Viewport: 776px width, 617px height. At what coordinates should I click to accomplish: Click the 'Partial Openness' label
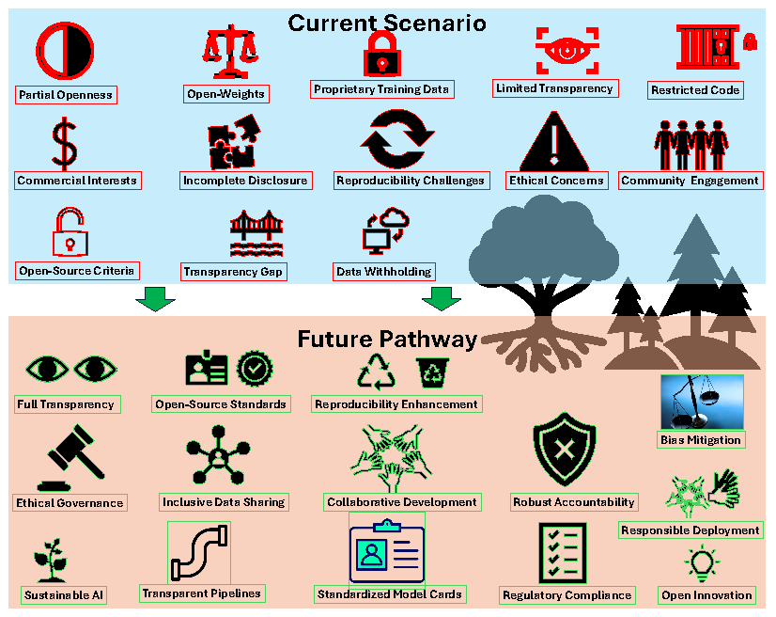[x=66, y=94]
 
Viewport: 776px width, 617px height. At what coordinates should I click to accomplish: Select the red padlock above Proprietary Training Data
[x=381, y=53]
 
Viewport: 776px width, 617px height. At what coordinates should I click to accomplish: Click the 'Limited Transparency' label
[x=554, y=88]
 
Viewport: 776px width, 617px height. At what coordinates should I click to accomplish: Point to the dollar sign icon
[x=65, y=141]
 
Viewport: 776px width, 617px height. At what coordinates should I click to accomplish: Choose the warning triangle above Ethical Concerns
[x=554, y=140]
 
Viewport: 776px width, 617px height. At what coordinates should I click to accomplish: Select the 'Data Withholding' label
[x=383, y=271]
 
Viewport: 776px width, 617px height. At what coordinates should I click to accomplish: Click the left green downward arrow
[x=155, y=301]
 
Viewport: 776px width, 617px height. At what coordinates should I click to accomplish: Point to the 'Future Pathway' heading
[x=387, y=339]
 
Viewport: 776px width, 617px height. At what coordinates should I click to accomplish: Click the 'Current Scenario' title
[x=387, y=22]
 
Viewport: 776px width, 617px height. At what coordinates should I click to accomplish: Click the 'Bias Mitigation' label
[x=701, y=439]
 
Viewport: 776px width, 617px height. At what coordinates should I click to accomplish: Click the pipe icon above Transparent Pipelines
[x=198, y=554]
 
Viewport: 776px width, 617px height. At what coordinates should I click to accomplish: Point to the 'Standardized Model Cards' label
[x=389, y=594]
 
